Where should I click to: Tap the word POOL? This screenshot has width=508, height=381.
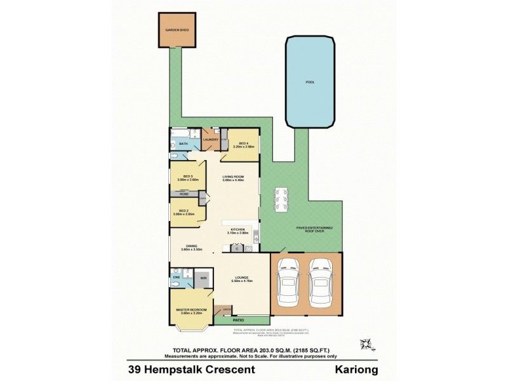click(310, 82)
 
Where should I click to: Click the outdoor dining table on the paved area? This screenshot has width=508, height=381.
click(280, 200)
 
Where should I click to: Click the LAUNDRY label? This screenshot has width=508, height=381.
click(211, 139)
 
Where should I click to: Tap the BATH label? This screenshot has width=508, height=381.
click(184, 144)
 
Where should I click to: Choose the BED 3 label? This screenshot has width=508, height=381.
click(188, 176)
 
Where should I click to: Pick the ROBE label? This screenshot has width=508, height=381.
click(184, 194)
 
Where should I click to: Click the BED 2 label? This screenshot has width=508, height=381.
click(184, 211)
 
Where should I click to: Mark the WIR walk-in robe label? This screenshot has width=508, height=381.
click(203, 277)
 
